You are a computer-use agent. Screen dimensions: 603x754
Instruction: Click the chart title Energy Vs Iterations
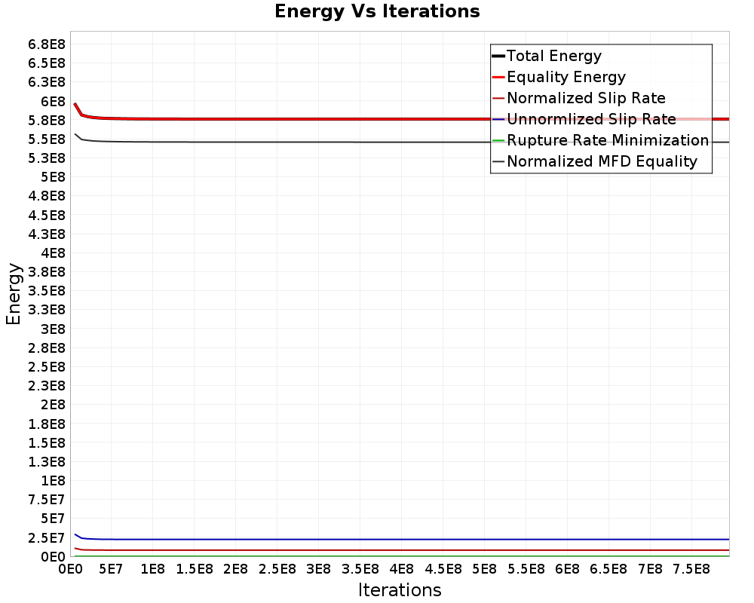[377, 11]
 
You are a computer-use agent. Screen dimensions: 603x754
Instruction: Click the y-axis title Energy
[13, 293]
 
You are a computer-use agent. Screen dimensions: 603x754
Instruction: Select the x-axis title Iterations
[400, 589]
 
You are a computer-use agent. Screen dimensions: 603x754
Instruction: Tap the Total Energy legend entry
[554, 56]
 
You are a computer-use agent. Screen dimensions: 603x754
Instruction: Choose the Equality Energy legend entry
[566, 77]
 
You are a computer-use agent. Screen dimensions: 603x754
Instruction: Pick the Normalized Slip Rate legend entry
[586, 98]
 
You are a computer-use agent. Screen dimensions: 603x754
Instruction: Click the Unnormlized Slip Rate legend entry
[591, 119]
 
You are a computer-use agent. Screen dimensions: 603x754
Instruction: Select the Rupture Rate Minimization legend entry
[608, 140]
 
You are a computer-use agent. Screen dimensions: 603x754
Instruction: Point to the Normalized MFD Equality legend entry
[602, 161]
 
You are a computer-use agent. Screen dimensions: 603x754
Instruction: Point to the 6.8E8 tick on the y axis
[47, 44]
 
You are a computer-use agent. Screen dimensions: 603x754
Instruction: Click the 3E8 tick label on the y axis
[53, 329]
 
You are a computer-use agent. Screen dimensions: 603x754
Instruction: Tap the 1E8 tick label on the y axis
[53, 481]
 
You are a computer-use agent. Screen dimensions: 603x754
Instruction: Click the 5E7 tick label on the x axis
[111, 568]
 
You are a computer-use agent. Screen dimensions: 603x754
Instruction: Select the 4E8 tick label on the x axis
[401, 568]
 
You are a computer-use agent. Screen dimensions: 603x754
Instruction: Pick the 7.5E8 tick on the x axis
[691, 568]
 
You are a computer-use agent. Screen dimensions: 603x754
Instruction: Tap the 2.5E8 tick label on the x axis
[277, 568]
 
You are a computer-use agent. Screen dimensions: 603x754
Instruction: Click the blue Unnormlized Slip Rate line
[377, 539]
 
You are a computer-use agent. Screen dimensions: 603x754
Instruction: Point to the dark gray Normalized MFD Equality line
[377, 142]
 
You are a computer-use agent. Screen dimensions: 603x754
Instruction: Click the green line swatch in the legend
[498, 140]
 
